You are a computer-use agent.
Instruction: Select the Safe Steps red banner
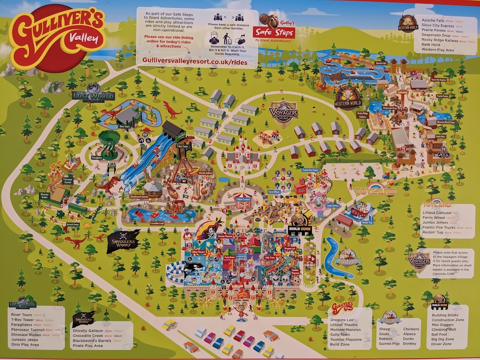point(274,33)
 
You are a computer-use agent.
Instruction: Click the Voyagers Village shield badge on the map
point(284,113)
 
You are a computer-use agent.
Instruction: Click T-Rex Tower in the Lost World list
point(21,320)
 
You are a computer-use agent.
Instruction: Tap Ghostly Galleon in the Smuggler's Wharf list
point(88,331)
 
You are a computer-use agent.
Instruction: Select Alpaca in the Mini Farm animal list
point(409,334)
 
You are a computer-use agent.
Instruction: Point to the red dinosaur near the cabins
point(172,110)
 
